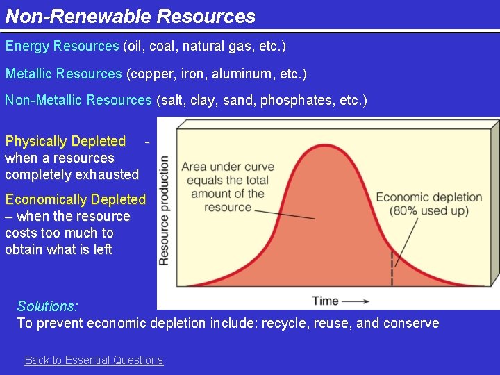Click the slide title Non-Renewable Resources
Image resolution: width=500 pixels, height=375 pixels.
tap(131, 16)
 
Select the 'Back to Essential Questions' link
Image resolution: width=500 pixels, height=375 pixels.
tap(94, 360)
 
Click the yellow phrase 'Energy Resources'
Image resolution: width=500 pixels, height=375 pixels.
tap(62, 47)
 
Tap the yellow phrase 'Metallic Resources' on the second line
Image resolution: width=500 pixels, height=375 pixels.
tap(64, 74)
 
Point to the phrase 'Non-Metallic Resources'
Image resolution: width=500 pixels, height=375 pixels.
tap(78, 100)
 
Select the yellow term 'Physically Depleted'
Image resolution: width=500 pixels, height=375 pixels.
tap(65, 141)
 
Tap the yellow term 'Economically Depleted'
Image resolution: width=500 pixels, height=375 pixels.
tap(76, 199)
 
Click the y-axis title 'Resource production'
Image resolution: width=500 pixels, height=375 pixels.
tap(165, 210)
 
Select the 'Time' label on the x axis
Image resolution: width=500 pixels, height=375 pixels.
tap(325, 301)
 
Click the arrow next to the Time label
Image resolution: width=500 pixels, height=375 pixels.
tap(356, 301)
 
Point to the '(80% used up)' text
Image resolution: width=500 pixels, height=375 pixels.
tap(428, 210)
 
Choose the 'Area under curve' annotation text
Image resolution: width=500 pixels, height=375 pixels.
tap(228, 167)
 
